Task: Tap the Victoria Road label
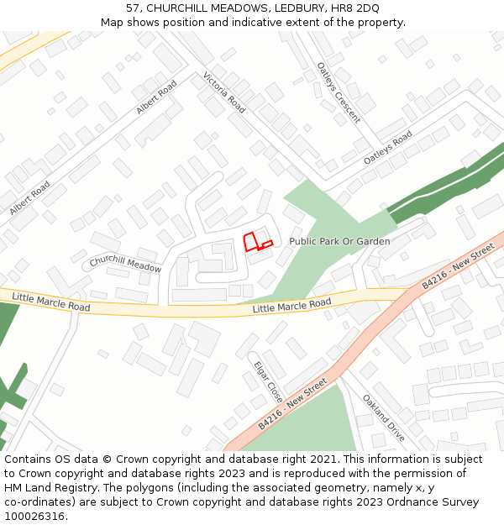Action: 224,92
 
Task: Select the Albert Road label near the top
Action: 157,97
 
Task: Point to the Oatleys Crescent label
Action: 339,92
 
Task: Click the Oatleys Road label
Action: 387,148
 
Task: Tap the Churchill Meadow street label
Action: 125,264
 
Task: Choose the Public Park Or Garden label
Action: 339,242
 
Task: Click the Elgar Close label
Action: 268,382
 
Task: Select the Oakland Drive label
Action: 384,417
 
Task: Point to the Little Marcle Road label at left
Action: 50,302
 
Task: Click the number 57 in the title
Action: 133,8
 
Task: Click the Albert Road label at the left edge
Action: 29,198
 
